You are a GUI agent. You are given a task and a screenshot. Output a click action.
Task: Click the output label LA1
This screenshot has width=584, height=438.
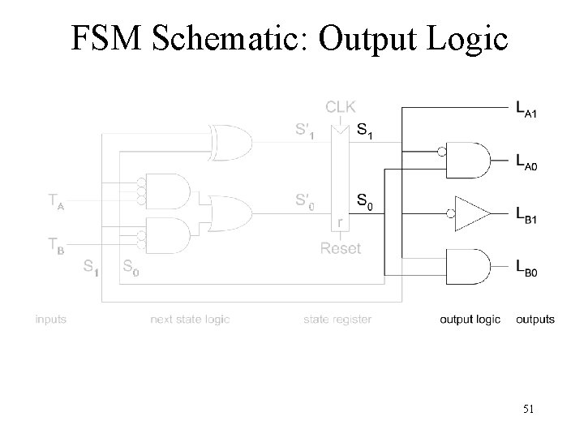pyautogui.click(x=526, y=107)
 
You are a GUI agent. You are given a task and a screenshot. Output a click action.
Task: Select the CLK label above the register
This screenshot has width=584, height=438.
pyautogui.click(x=341, y=106)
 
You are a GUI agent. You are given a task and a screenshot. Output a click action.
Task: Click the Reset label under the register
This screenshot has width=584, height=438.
pyautogui.click(x=341, y=249)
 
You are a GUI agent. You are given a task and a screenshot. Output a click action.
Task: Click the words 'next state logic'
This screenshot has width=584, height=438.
pyautogui.click(x=190, y=320)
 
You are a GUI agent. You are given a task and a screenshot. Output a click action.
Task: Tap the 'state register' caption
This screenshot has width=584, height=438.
pyautogui.click(x=337, y=320)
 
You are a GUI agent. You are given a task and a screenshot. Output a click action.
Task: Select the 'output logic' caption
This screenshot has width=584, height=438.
pyautogui.click(x=470, y=320)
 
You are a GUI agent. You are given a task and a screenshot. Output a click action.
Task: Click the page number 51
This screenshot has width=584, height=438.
pyautogui.click(x=527, y=410)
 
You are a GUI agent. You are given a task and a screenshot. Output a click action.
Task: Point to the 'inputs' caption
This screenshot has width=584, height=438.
pyautogui.click(x=50, y=320)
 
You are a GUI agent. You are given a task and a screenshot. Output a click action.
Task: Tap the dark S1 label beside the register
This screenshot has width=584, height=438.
pyautogui.click(x=367, y=131)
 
